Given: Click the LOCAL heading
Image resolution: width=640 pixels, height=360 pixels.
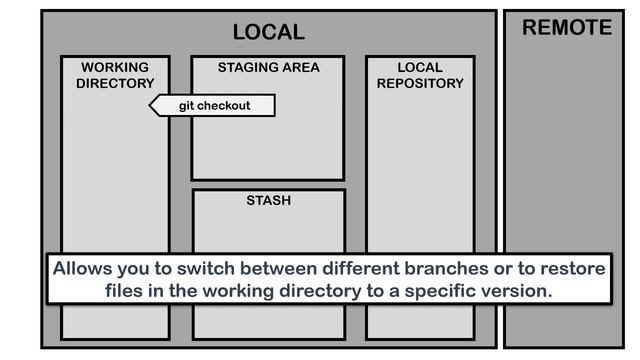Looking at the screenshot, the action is click(x=269, y=32).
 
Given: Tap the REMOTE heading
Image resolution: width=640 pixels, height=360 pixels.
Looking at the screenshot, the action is click(x=567, y=28).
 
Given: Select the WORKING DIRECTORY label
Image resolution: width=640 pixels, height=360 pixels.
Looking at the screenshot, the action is click(x=115, y=75).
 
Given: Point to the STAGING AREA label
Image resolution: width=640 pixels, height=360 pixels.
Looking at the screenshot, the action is click(x=269, y=67).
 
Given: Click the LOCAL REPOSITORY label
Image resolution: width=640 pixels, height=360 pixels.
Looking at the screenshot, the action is click(x=420, y=75).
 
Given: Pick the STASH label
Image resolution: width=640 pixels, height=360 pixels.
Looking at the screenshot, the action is click(x=269, y=200).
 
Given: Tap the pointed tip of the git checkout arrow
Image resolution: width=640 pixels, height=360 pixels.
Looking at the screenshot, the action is click(x=149, y=106).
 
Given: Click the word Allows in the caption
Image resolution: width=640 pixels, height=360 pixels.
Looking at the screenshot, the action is click(x=82, y=269).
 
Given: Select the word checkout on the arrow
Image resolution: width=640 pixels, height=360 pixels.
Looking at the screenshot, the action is click(x=224, y=106).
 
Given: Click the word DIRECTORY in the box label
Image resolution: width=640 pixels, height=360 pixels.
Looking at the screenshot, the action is click(x=115, y=83).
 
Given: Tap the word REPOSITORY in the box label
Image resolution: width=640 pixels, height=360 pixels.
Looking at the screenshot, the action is click(x=420, y=83).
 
